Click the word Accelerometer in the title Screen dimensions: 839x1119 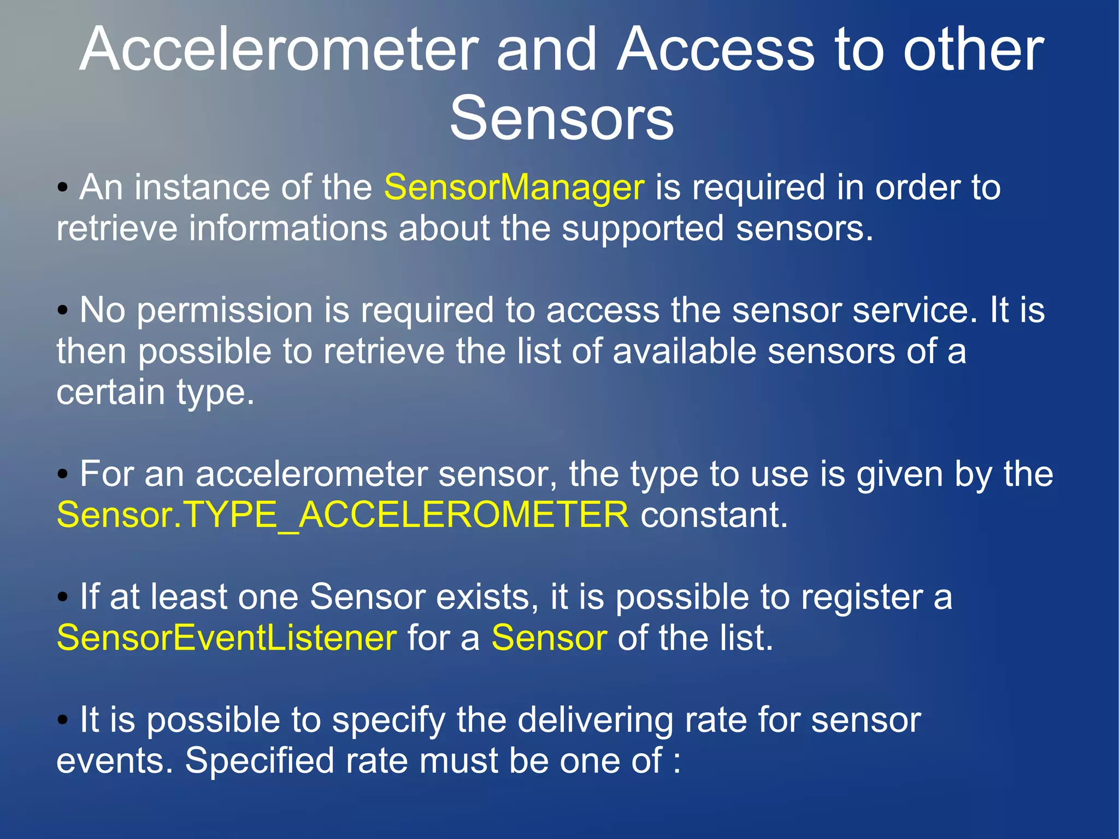[279, 50]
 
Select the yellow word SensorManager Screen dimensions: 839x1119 [514, 187]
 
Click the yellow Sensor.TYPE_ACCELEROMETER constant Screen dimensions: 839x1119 [343, 515]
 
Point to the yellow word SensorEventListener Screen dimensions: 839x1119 [227, 638]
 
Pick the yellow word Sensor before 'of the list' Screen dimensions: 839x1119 [549, 638]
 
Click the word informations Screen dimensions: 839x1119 [288, 228]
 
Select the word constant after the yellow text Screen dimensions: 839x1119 [714, 515]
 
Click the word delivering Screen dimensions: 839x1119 [595, 720]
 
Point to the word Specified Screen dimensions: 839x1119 [260, 761]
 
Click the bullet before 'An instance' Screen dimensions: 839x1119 [63, 188]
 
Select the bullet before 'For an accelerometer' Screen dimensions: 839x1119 [63, 474]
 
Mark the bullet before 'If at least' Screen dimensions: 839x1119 [63, 597]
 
